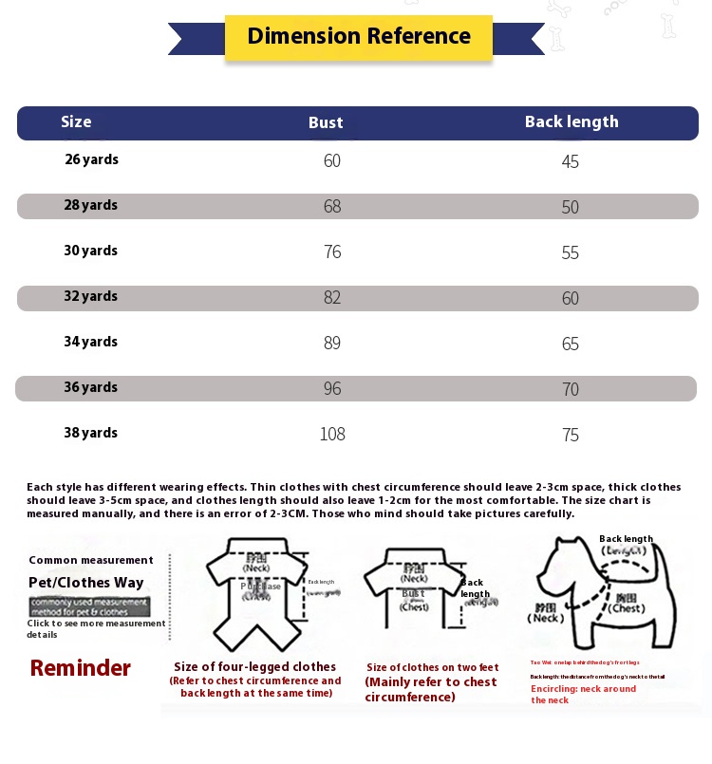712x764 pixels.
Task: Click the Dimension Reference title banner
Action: pos(358,37)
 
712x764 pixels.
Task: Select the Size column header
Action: pos(76,121)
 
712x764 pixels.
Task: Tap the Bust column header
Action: pos(326,122)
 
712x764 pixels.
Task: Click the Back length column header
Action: pos(571,121)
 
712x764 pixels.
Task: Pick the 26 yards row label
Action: pos(91,159)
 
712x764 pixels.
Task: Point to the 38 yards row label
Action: pos(91,433)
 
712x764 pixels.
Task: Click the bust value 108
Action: pos(332,435)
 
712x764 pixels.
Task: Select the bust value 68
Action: pos(332,206)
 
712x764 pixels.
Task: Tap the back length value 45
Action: pos(570,161)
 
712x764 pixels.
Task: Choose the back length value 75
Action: pos(570,435)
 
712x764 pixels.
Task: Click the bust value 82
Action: pos(332,297)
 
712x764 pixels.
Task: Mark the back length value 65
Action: pos(570,344)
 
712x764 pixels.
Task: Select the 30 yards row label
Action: pos(91,251)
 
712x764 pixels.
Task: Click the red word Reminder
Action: pos(81,668)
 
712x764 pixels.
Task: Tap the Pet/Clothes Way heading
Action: pos(86,583)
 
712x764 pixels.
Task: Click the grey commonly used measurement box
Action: pos(89,606)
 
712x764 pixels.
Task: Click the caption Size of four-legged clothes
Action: pos(254,667)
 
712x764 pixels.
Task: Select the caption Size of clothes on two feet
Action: pos(432,667)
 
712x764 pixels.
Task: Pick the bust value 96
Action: pos(332,389)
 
